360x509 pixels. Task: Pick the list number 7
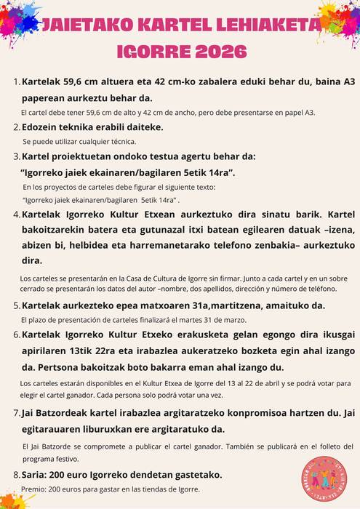point(17,413)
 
